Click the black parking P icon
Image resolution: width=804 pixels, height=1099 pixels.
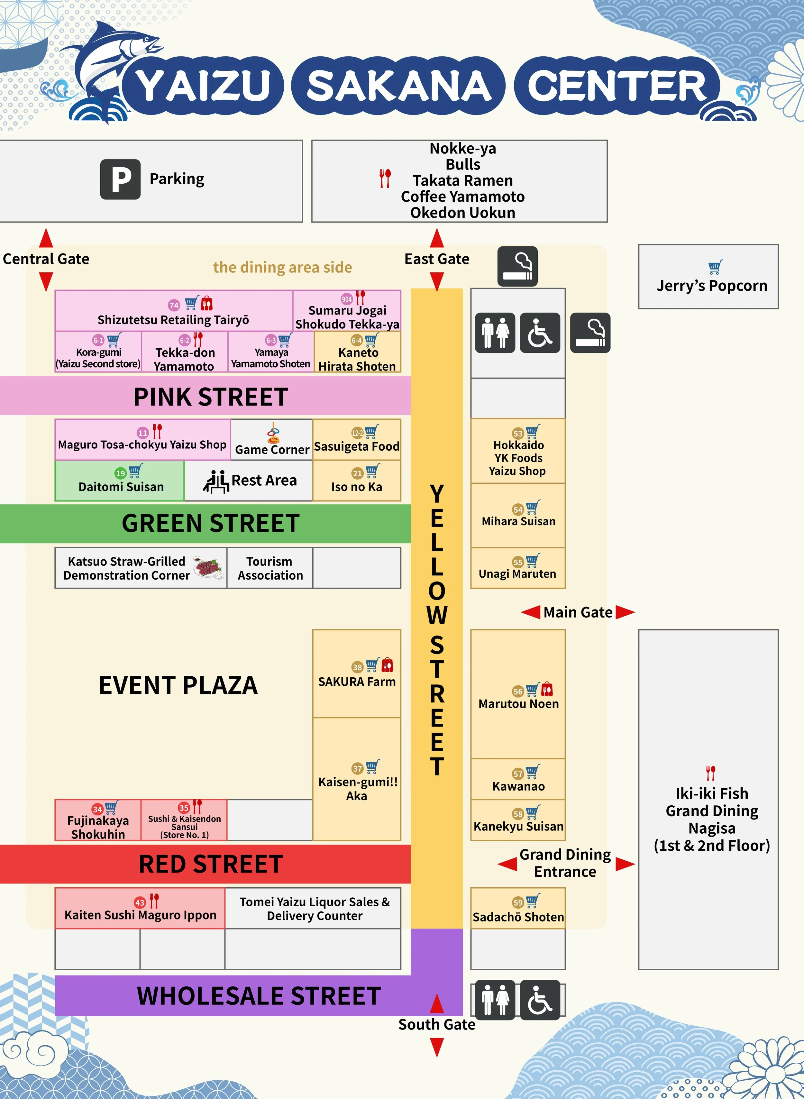[120, 179]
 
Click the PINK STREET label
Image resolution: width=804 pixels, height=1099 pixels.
[210, 397]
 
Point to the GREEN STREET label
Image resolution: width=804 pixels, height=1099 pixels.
[210, 523]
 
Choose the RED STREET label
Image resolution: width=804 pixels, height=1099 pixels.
[210, 864]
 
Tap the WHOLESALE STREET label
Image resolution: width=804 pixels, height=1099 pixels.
[259, 995]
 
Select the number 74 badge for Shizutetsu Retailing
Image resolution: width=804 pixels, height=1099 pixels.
[174, 305]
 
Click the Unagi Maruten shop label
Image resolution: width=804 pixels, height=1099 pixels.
[517, 574]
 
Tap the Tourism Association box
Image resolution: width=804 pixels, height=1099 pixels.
[270, 568]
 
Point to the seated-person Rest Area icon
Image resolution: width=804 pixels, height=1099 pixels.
[215, 481]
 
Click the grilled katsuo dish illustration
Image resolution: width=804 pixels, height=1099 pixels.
[209, 567]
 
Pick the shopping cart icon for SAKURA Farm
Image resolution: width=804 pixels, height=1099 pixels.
[372, 665]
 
